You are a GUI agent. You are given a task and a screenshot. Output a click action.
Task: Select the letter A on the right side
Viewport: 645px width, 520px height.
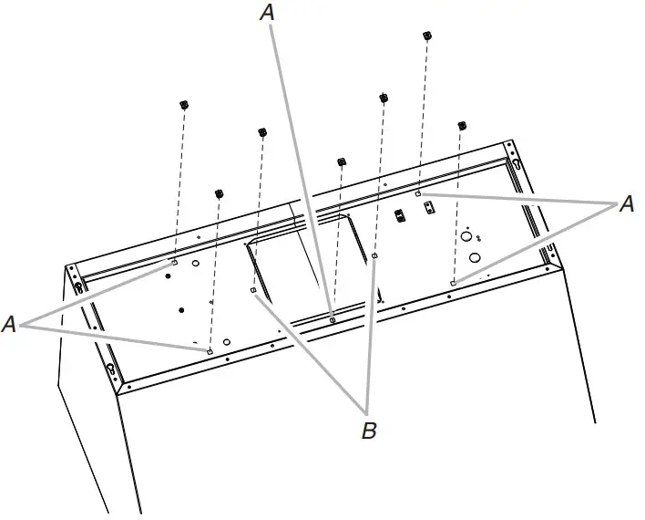(x=626, y=205)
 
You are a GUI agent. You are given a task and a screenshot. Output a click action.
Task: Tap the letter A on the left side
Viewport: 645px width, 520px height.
(x=10, y=324)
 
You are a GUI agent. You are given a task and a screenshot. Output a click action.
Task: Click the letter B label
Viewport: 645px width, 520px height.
(x=369, y=431)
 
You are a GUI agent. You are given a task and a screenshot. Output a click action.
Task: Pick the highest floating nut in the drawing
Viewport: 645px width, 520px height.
(x=426, y=36)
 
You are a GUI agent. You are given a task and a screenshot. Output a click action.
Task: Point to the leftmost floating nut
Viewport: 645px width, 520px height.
(x=183, y=104)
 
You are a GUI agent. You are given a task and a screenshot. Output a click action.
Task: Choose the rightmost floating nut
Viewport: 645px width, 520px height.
(x=462, y=124)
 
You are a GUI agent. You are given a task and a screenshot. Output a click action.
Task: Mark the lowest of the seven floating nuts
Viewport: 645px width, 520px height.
(x=219, y=193)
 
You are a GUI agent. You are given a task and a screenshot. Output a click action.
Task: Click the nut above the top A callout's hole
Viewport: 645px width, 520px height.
(x=342, y=161)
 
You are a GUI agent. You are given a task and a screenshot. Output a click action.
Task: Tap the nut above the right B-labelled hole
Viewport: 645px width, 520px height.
(x=383, y=97)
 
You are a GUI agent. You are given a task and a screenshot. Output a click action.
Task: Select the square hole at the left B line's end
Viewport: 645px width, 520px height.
(x=252, y=290)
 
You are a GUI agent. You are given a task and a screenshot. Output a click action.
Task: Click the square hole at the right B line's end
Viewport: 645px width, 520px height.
(x=374, y=257)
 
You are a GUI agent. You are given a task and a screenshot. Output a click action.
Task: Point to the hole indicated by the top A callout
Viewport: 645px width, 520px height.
(x=333, y=319)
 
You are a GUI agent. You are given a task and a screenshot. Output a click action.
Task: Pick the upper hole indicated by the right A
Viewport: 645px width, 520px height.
(x=418, y=194)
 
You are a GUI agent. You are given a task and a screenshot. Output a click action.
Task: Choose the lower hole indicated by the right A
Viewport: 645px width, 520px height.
(x=453, y=283)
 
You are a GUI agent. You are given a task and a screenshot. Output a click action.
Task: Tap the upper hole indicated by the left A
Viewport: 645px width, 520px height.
(x=173, y=263)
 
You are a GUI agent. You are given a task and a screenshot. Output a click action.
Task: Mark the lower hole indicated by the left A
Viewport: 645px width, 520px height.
(x=210, y=351)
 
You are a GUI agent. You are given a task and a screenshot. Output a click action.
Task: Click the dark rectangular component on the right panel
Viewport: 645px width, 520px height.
(x=398, y=216)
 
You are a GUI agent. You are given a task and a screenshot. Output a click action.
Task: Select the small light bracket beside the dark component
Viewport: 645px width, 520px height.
(x=429, y=208)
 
